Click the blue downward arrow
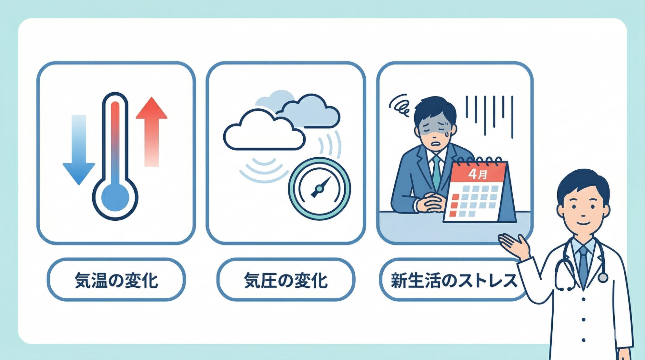pyautogui.click(x=79, y=152)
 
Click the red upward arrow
pyautogui.click(x=151, y=129)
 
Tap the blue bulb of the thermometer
pyautogui.click(x=115, y=197)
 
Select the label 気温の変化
pyautogui.click(x=116, y=280)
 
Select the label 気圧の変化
pyautogui.click(x=286, y=280)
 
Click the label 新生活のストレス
pyautogui.click(x=453, y=280)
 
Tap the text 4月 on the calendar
pyautogui.click(x=478, y=175)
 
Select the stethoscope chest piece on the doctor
pyautogui.click(x=602, y=277)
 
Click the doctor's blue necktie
pyautogui.click(x=583, y=265)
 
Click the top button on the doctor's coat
pyautogui.click(x=583, y=299)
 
